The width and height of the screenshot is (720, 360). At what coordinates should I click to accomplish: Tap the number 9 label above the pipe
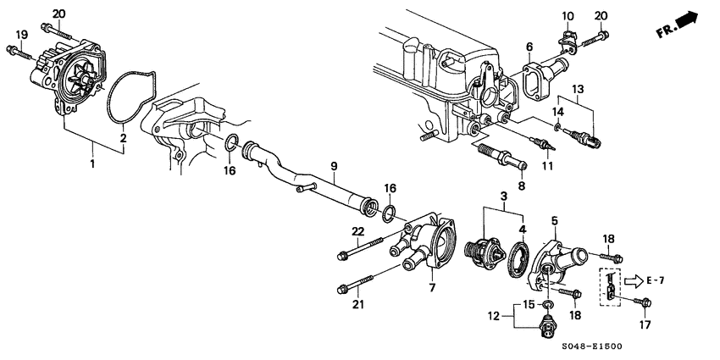334,166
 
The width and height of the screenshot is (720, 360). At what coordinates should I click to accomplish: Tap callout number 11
547,166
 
